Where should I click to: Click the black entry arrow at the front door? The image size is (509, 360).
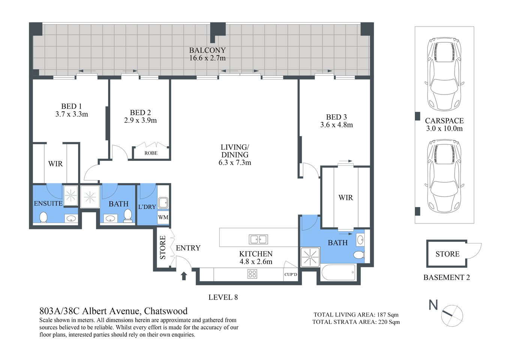(184, 276)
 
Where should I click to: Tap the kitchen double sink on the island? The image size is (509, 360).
(258, 239)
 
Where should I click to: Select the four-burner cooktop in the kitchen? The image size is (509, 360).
(252, 274)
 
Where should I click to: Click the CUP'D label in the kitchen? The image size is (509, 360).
(291, 274)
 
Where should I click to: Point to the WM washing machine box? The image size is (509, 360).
(163, 217)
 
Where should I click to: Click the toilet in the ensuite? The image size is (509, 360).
(44, 217)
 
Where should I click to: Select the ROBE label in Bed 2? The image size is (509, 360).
(151, 153)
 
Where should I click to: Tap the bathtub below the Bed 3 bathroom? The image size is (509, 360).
(338, 273)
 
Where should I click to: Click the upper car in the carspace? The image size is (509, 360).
(444, 74)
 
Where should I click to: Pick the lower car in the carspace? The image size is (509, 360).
(444, 176)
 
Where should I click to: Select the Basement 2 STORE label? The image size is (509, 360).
(447, 254)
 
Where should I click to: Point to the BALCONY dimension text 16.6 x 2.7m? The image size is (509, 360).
(207, 58)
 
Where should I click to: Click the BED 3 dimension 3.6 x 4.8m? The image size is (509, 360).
(336, 125)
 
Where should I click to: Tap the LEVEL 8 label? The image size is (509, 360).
(223, 297)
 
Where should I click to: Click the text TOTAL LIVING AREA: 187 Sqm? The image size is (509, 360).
(356, 315)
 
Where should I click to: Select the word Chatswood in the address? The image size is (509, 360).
(166, 311)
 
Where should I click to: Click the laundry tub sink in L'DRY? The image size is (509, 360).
(163, 203)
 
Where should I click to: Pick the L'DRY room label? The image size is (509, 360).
(147, 207)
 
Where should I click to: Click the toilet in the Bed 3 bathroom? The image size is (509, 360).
(359, 255)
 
